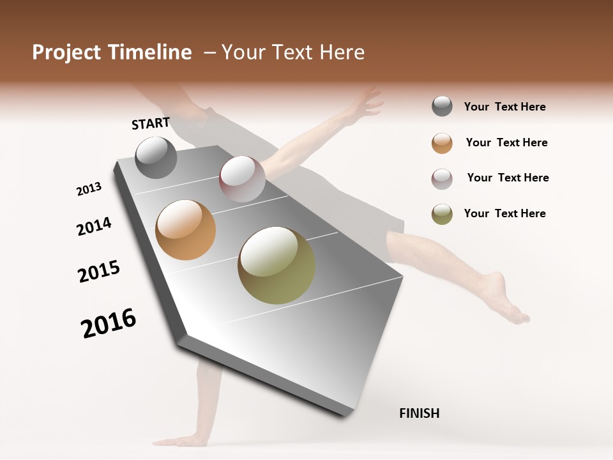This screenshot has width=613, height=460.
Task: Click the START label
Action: point(151,123)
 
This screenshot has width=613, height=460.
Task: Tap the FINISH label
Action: point(419,413)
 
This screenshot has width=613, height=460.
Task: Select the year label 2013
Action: point(89,189)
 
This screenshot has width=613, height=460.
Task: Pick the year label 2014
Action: point(94,226)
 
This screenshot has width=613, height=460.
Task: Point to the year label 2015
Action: point(99,272)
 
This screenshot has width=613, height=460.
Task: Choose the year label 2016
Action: point(109,323)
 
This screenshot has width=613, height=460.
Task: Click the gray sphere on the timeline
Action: point(156,157)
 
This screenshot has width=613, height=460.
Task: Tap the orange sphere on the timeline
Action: point(185,230)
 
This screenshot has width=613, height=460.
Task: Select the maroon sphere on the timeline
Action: point(242,179)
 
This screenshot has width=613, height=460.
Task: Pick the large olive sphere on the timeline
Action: point(276,265)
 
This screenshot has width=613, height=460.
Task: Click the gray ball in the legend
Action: point(442,107)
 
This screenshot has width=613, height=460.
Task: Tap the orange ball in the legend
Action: point(442,142)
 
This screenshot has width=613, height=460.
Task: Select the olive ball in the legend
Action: point(442,213)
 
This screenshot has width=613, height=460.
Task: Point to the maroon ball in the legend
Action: point(442,178)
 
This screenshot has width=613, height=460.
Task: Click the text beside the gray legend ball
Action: point(504,107)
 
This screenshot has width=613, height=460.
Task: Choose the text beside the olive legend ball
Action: point(504,213)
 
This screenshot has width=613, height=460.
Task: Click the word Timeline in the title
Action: point(149,52)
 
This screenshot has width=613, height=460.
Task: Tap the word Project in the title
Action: point(67,52)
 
